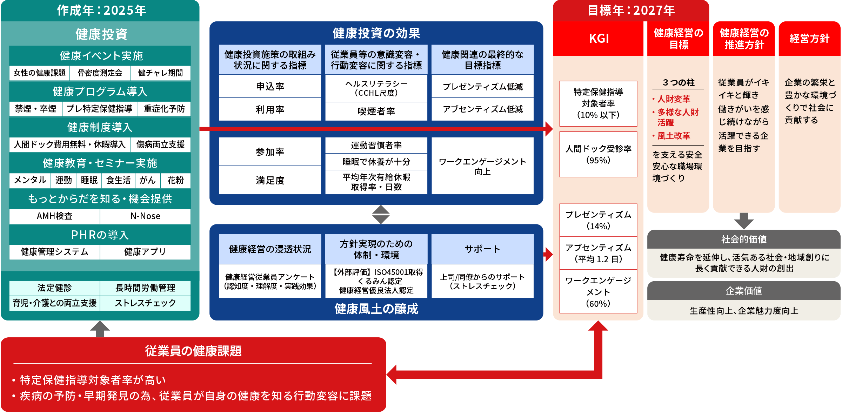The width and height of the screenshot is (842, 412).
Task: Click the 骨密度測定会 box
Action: coord(100,73)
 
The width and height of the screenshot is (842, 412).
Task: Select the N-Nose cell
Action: coord(145,216)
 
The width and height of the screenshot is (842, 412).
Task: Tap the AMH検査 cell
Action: coord(54,216)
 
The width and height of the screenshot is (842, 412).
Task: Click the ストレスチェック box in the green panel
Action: coord(145,303)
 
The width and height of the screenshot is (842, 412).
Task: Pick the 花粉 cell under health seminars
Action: coord(175,180)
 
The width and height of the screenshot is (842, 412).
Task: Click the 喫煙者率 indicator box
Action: coord(376,111)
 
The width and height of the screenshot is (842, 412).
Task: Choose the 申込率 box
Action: coord(270,86)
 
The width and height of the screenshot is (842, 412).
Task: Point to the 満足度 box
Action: coord(270,180)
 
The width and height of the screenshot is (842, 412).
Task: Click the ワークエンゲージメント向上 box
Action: coord(482,166)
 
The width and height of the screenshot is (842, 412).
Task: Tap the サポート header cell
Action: coord(482,249)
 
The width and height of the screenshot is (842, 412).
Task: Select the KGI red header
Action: coord(599,38)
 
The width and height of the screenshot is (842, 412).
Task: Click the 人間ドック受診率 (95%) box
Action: coord(598,154)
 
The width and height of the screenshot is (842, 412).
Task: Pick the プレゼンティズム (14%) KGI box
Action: coord(598,220)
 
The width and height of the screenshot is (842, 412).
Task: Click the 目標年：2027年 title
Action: coord(631,11)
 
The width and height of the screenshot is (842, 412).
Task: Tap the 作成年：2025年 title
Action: coord(101,11)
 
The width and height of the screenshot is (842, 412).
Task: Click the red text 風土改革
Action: coord(674,136)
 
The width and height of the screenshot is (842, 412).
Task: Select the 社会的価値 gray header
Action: coord(743,239)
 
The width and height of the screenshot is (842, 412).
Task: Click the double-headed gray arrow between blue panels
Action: coord(381,215)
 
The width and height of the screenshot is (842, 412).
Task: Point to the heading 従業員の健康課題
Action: coord(193,351)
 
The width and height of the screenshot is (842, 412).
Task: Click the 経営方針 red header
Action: coord(809,38)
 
